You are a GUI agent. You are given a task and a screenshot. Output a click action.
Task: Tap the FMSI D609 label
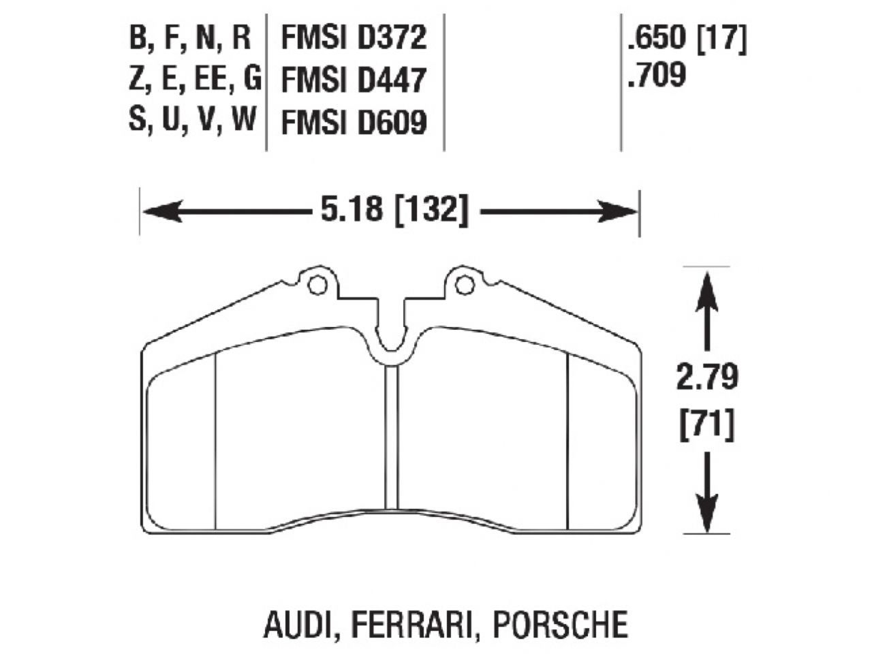(x=354, y=122)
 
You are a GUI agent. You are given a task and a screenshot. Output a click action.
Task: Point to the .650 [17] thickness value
(x=687, y=39)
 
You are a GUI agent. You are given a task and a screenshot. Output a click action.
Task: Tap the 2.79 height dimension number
(x=706, y=376)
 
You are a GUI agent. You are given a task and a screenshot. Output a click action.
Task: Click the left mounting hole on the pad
(x=317, y=284)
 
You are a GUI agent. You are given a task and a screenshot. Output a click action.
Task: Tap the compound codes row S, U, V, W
(x=192, y=121)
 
